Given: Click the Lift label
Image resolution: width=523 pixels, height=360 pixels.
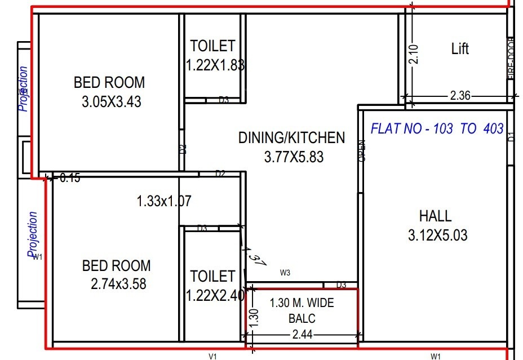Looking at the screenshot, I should point(460,49).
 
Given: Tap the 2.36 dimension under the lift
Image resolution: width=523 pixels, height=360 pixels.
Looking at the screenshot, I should point(460,96).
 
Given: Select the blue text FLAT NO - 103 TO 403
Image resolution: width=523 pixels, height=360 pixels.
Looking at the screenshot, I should point(437,128).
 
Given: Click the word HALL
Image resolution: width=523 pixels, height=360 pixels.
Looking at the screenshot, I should point(435,216).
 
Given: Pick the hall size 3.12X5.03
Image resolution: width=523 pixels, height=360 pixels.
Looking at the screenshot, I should point(437,235).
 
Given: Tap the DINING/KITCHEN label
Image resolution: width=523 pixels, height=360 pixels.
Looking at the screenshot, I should point(291,137).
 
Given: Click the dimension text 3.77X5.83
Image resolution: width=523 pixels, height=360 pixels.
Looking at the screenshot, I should point(294,157).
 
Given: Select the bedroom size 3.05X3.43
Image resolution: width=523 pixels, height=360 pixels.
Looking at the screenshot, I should point(111,102).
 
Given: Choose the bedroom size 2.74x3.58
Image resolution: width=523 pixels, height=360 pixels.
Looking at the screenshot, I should point(118,284).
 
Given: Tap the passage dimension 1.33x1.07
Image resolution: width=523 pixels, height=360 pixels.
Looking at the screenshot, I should point(164,201).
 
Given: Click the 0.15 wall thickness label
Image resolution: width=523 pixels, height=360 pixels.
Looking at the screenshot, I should point(70,178).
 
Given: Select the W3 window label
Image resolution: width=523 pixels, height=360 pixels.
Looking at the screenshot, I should point(285,273).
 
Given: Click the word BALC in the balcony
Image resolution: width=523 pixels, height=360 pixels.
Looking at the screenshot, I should point(302,319).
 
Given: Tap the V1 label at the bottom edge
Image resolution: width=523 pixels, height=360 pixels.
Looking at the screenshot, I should point(213,356).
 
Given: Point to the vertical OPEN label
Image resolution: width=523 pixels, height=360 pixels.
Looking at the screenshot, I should point(361,151).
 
